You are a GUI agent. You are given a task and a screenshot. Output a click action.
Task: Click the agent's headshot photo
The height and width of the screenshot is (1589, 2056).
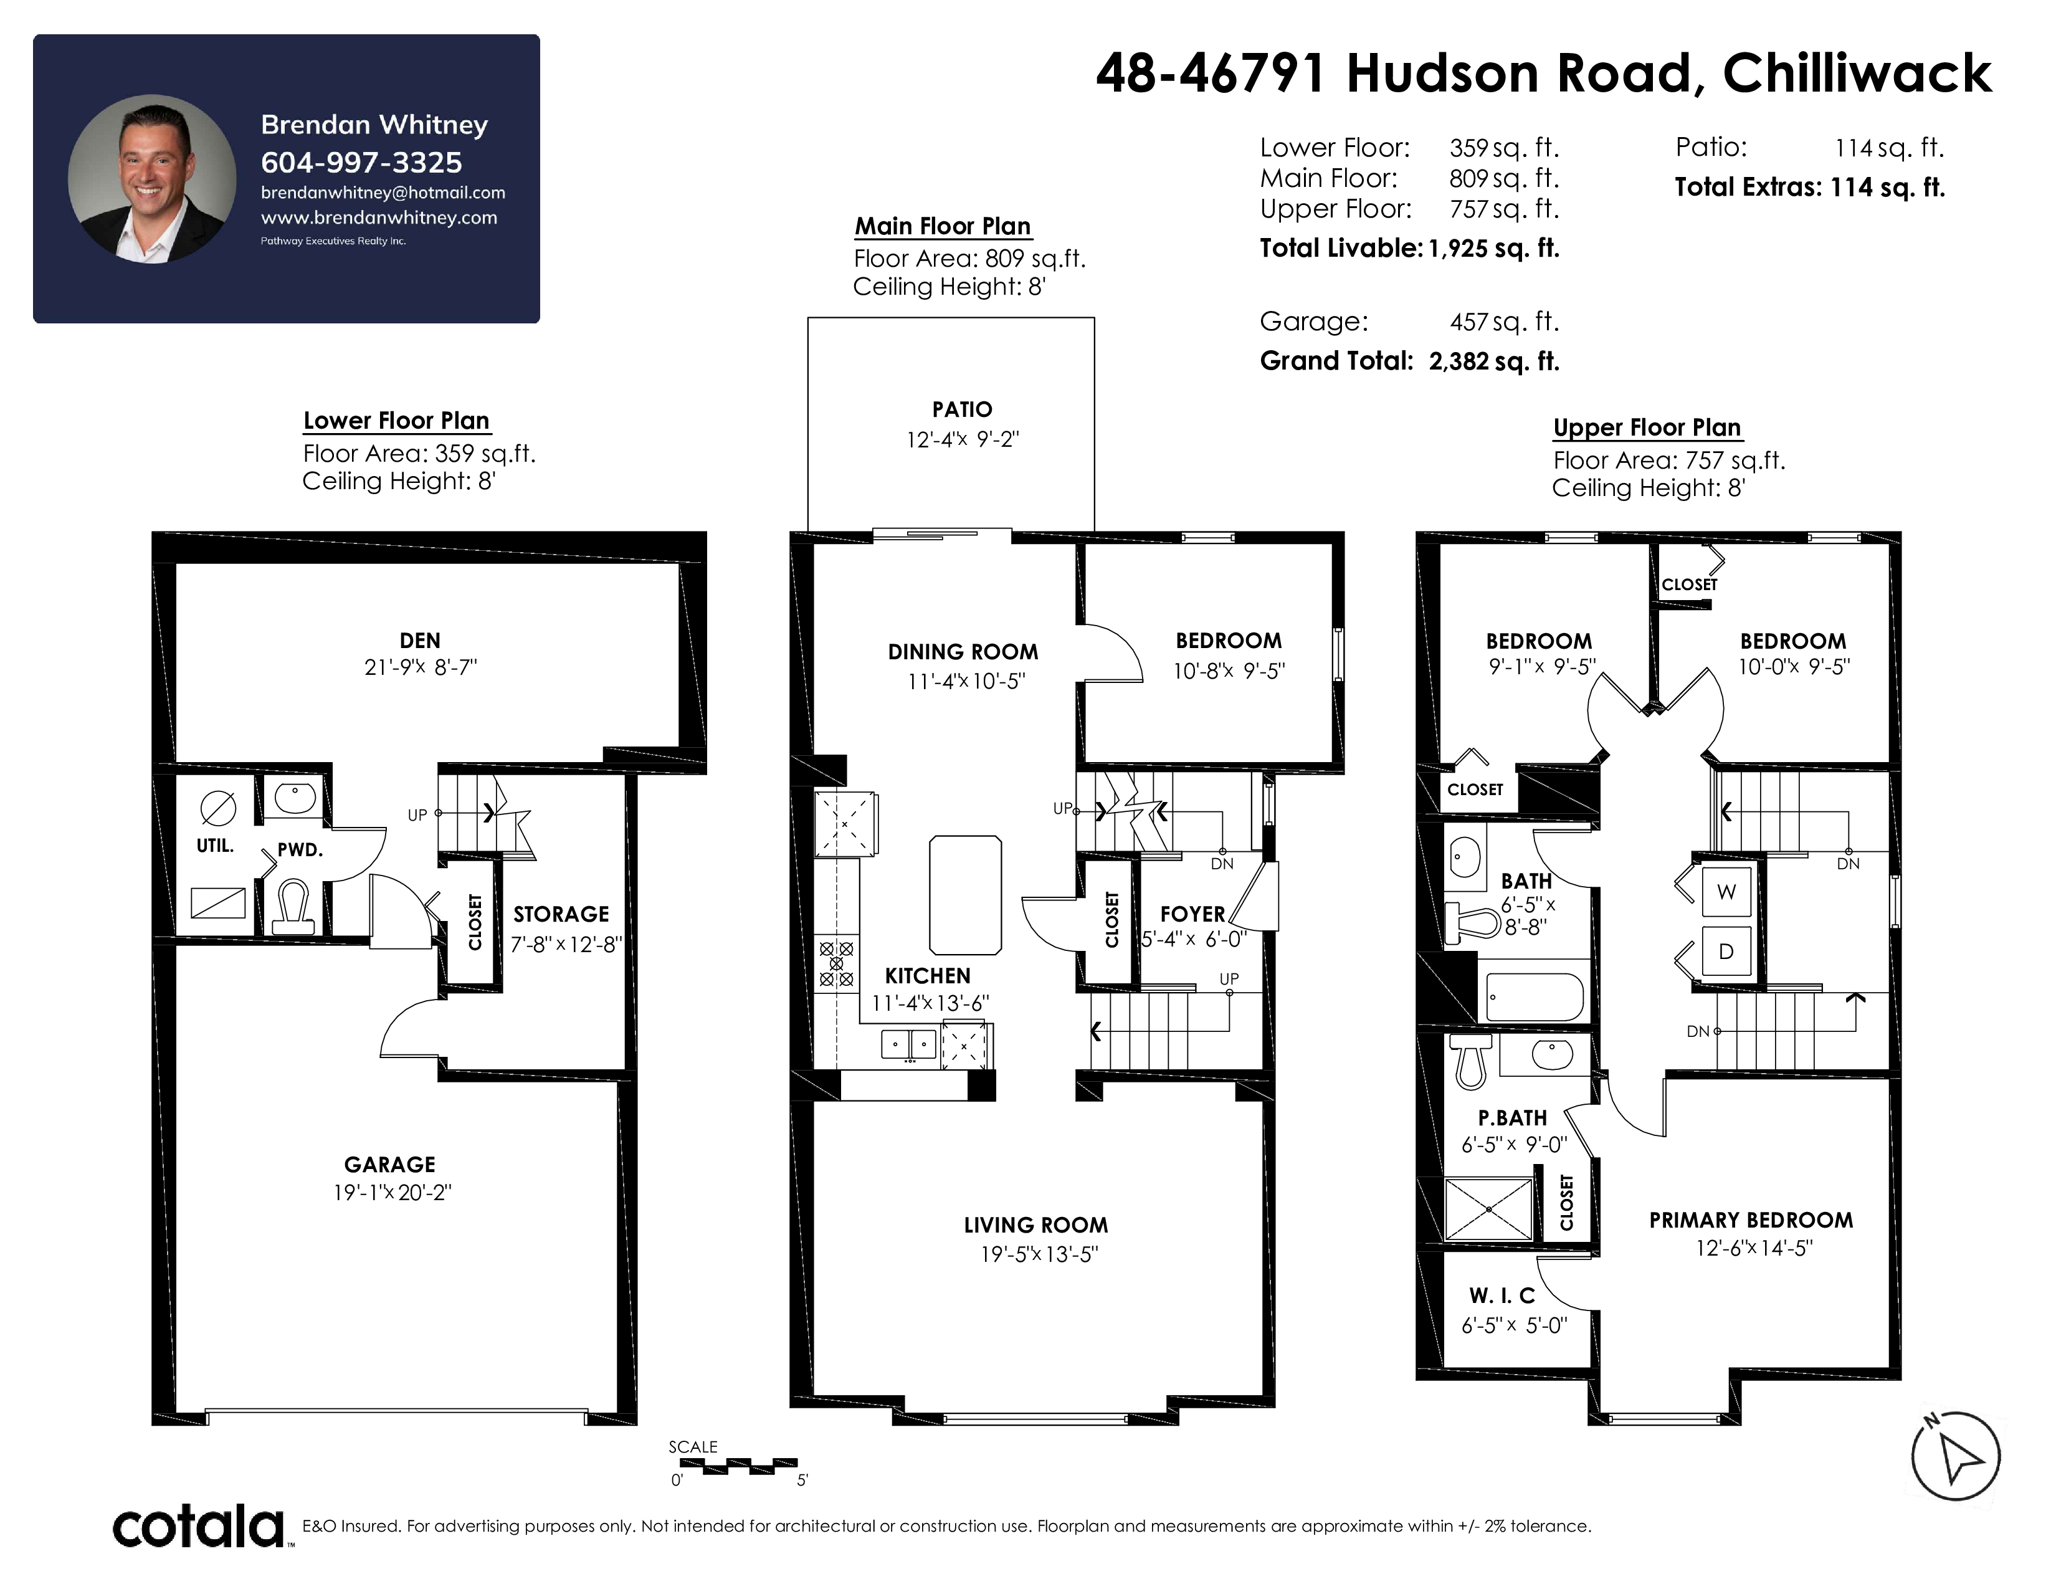click(x=151, y=178)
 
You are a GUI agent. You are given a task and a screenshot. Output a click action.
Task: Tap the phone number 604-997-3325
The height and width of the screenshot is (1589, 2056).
click(x=361, y=163)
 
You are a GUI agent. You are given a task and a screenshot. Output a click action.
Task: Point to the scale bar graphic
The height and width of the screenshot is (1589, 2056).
click(x=738, y=1465)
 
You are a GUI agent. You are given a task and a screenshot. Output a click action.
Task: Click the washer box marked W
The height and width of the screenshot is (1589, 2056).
click(x=1726, y=892)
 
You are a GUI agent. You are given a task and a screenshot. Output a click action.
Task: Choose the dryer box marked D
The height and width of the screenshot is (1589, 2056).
click(x=1726, y=952)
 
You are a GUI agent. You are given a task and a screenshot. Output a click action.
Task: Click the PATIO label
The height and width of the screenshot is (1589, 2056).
click(x=962, y=409)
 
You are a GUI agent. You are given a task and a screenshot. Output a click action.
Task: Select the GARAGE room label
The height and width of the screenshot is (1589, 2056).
click(x=390, y=1165)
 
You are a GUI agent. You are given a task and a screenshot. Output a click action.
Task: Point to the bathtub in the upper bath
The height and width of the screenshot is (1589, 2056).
click(x=1535, y=997)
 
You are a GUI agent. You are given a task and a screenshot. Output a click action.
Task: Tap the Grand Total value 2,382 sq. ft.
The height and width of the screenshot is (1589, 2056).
click(x=1494, y=361)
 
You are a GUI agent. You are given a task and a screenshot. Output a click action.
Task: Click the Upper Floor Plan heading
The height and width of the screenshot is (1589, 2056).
click(x=1647, y=427)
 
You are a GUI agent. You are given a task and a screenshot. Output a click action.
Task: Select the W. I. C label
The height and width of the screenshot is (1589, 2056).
click(x=1502, y=1296)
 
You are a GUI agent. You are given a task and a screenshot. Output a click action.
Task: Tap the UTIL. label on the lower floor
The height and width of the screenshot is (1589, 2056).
click(x=215, y=846)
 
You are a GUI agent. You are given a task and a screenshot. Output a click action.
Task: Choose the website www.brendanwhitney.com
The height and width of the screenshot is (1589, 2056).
click(x=378, y=217)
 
